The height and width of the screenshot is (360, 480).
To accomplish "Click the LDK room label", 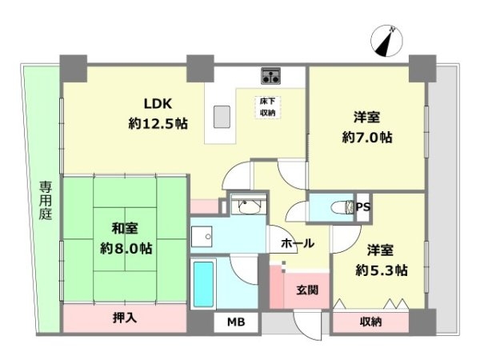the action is (x=158, y=104).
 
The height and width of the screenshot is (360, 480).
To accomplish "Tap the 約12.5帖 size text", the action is (x=158, y=124).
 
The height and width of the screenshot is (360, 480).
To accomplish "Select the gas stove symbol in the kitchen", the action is (x=271, y=76).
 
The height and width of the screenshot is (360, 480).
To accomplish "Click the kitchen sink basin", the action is (x=222, y=117).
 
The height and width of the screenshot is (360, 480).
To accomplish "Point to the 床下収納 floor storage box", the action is (x=268, y=107).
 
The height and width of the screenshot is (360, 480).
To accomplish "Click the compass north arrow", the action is (x=386, y=41).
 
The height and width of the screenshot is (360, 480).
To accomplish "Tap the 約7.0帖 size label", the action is (x=367, y=138).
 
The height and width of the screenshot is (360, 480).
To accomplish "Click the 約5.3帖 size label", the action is (x=382, y=270).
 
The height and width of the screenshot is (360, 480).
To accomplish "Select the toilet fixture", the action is (x=343, y=207).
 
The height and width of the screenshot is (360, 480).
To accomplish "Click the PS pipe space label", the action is (x=363, y=207).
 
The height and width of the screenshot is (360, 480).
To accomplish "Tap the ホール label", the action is (x=298, y=244).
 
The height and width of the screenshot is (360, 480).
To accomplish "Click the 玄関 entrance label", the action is (x=307, y=290).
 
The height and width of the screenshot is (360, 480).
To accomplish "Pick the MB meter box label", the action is (x=236, y=322).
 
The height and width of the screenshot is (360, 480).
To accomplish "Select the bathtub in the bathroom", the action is (x=203, y=284).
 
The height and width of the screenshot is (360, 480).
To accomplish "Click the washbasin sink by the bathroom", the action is (x=249, y=206).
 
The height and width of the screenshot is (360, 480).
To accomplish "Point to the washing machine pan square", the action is (x=202, y=237).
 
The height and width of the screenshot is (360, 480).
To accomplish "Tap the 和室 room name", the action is (x=125, y=229).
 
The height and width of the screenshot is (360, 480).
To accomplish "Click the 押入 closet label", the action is (x=125, y=318).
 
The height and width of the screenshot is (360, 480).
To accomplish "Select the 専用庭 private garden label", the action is (x=46, y=201).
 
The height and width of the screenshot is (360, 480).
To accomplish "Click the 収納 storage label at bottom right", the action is (x=370, y=322).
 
